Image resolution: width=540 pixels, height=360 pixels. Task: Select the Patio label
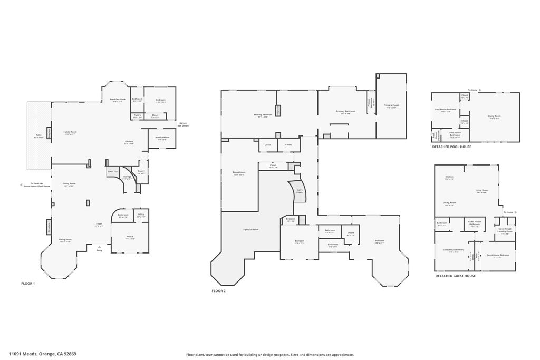pyautogui.click(x=39, y=136)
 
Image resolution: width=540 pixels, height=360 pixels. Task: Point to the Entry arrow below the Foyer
pyautogui.click(x=99, y=247)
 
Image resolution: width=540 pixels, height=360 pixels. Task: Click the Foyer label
pyautogui.click(x=99, y=225)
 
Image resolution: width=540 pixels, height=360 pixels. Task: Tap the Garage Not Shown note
pyautogui.click(x=183, y=124)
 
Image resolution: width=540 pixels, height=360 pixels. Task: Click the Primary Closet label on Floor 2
pyautogui.click(x=391, y=106)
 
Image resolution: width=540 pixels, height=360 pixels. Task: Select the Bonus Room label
pyautogui.click(x=239, y=173)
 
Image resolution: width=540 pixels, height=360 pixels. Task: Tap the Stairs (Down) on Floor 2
pyautogui.click(x=300, y=191)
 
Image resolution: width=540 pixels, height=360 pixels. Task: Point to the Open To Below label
pyautogui.click(x=250, y=230)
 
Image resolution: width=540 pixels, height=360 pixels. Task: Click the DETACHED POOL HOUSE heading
pyautogui.click(x=451, y=147)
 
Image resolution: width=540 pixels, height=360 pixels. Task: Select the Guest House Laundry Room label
pyautogui.click(x=504, y=230)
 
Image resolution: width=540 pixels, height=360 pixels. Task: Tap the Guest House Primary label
pyautogui.click(x=453, y=251)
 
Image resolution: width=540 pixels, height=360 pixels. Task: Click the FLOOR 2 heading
pyautogui.click(x=218, y=291)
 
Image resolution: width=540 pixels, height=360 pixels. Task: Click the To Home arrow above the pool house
pyautogui.click(x=474, y=90)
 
